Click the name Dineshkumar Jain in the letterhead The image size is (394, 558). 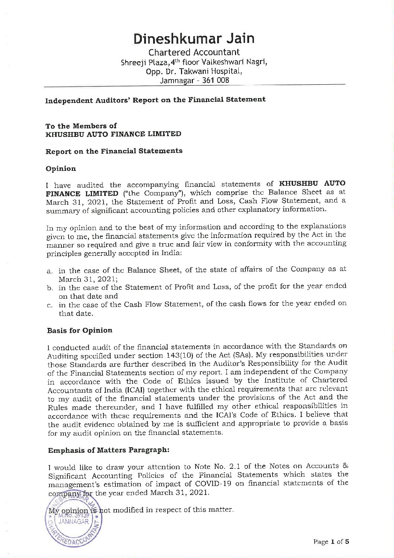tap(194, 38)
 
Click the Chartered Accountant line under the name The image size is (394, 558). tap(194, 52)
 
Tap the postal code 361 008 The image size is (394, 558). tap(216, 80)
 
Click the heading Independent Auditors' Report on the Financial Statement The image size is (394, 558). tap(155, 100)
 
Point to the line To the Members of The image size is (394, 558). tap(81, 126)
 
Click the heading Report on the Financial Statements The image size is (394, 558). tap(114, 151)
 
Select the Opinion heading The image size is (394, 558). tap(61, 169)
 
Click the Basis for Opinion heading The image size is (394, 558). tap(80, 330)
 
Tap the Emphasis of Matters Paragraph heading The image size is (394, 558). tap(109, 450)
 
